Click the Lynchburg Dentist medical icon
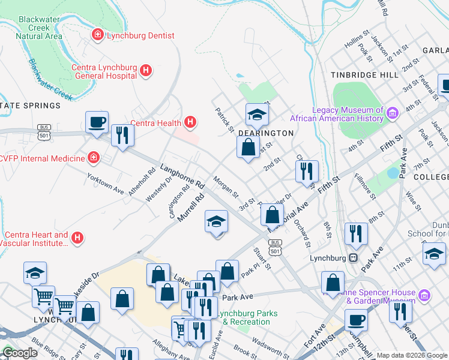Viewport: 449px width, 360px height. pos(97,36)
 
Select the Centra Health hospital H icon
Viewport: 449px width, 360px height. pos(190,124)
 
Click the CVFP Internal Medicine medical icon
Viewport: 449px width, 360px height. pos(93,158)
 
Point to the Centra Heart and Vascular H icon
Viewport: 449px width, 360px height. pos(77,239)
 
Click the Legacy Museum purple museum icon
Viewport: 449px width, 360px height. pos(393,113)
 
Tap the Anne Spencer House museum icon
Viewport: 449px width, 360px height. pos(424,295)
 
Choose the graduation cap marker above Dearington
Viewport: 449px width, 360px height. pos(256,114)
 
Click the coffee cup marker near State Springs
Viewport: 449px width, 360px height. pos(97,123)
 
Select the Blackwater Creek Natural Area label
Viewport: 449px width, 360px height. pos(40,28)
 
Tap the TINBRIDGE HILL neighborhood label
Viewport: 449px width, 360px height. pos(364,75)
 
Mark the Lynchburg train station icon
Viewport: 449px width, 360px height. pos(354,258)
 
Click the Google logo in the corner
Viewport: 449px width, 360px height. pos(20,353)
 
